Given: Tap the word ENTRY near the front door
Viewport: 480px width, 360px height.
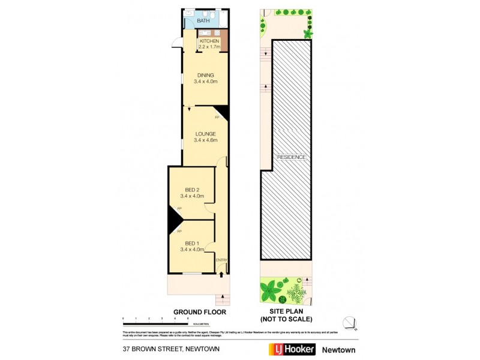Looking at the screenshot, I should click(x=221, y=260).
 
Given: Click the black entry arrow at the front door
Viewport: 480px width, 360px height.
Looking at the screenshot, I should click(x=222, y=274).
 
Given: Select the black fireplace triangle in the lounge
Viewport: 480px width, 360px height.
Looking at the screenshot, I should click(x=222, y=112).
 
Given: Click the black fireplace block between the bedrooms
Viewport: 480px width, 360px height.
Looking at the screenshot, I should click(x=175, y=219).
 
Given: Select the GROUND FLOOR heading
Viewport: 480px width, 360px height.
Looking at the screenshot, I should click(x=199, y=312).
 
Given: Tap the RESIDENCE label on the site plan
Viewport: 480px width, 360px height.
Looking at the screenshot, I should click(x=292, y=157).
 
